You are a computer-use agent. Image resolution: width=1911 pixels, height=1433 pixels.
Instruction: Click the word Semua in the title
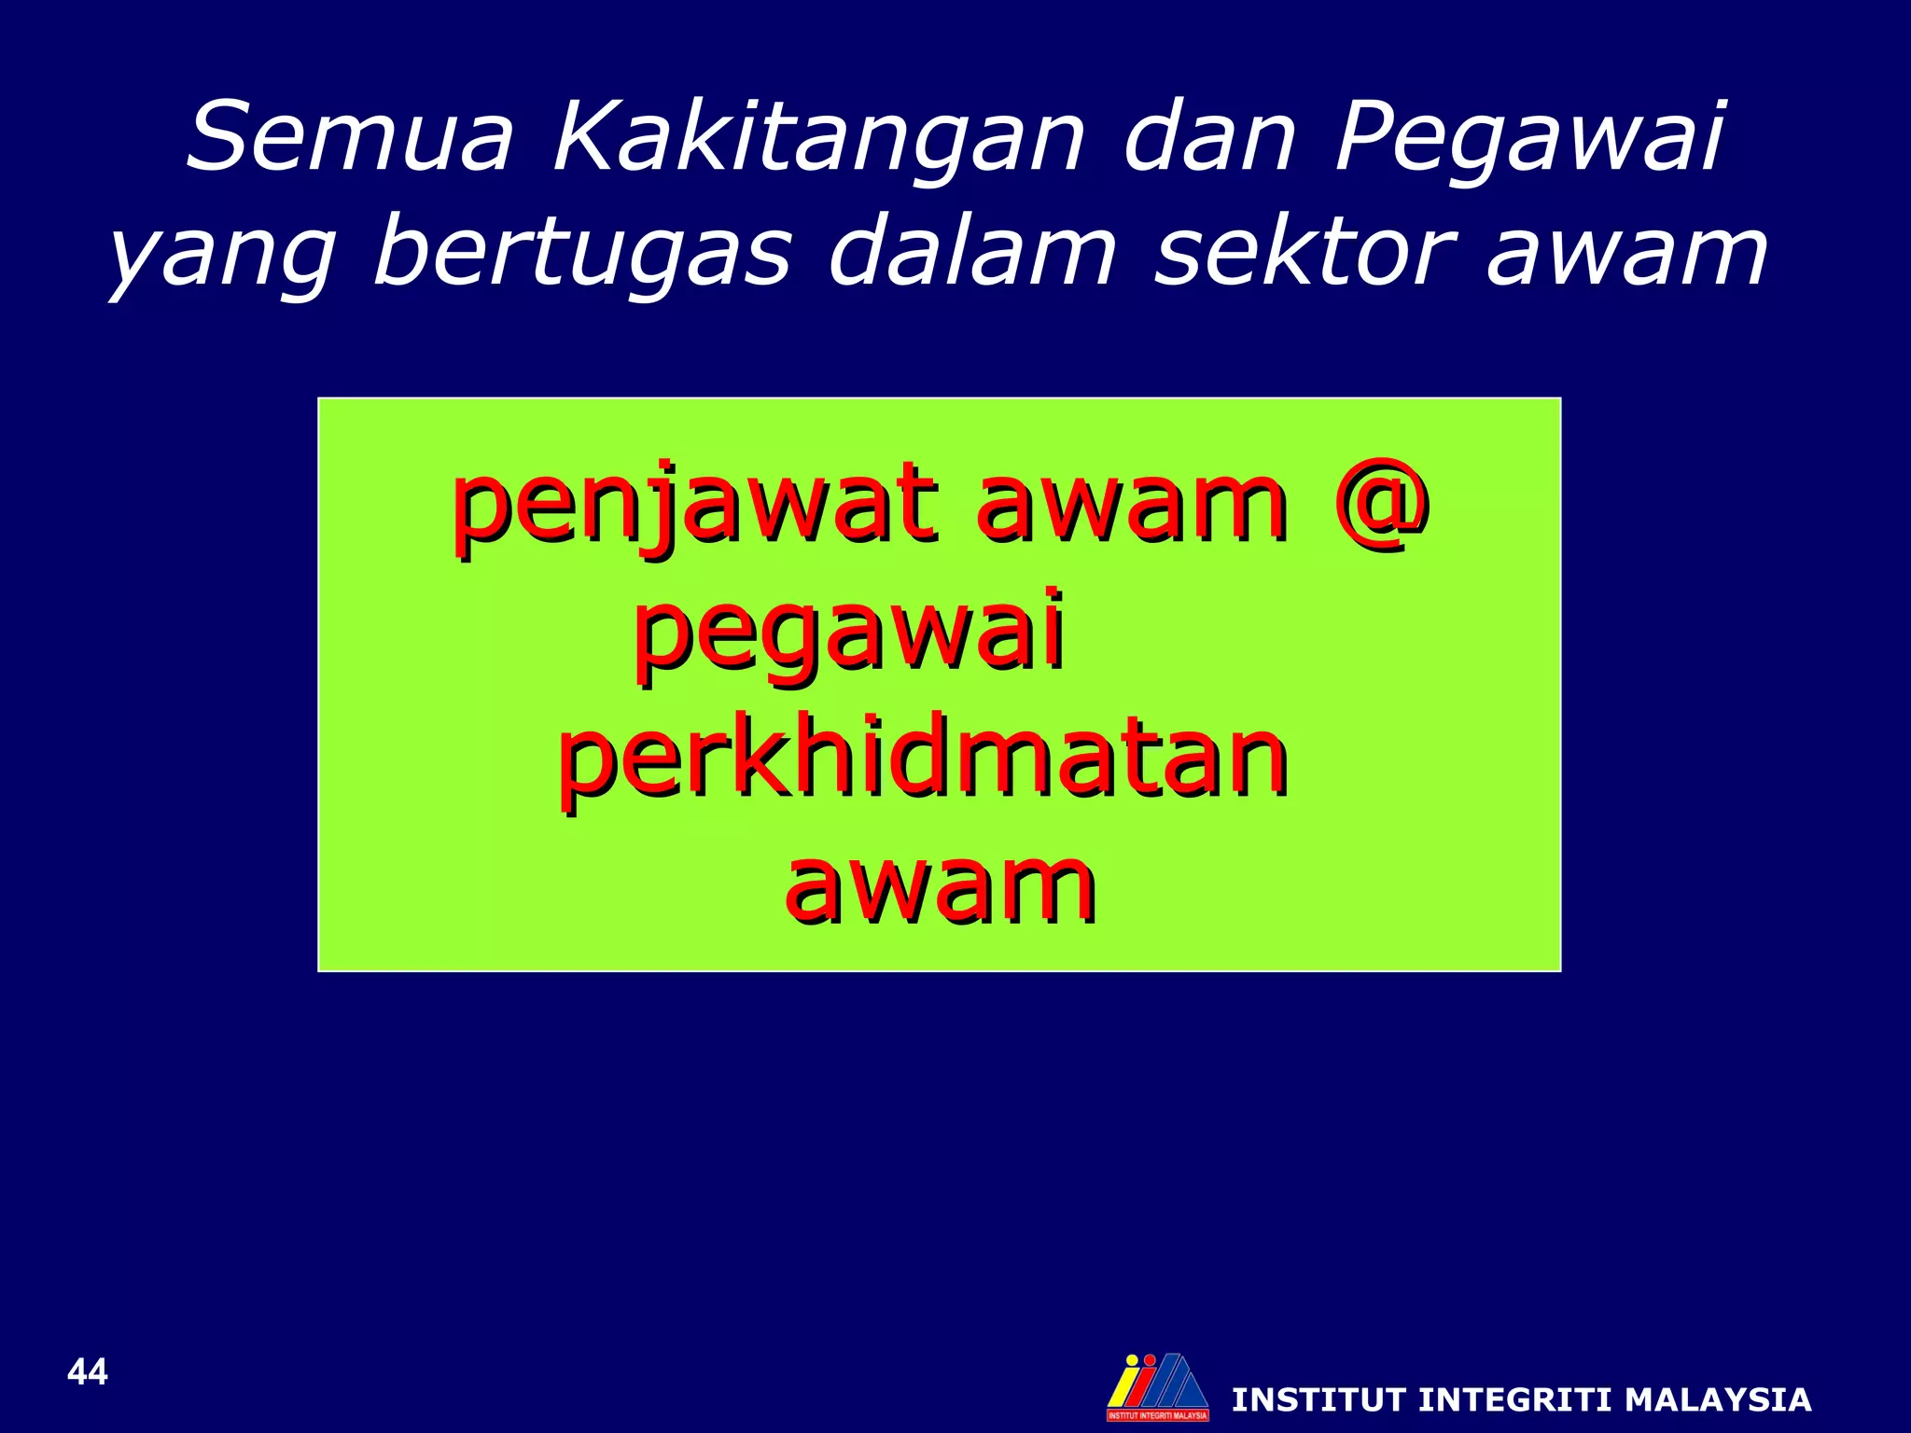tap(350, 138)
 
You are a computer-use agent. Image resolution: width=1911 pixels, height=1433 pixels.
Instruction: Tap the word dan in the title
tap(1209, 138)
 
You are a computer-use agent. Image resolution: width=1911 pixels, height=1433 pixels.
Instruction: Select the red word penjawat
tap(695, 508)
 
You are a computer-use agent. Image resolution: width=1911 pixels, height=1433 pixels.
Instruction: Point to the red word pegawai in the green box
tap(849, 634)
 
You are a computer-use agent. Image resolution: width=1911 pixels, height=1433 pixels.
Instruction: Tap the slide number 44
tap(88, 1372)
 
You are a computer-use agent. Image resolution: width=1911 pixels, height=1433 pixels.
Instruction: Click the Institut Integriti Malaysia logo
tap(1158, 1386)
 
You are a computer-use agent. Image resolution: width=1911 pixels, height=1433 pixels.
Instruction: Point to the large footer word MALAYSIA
tap(1718, 1400)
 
